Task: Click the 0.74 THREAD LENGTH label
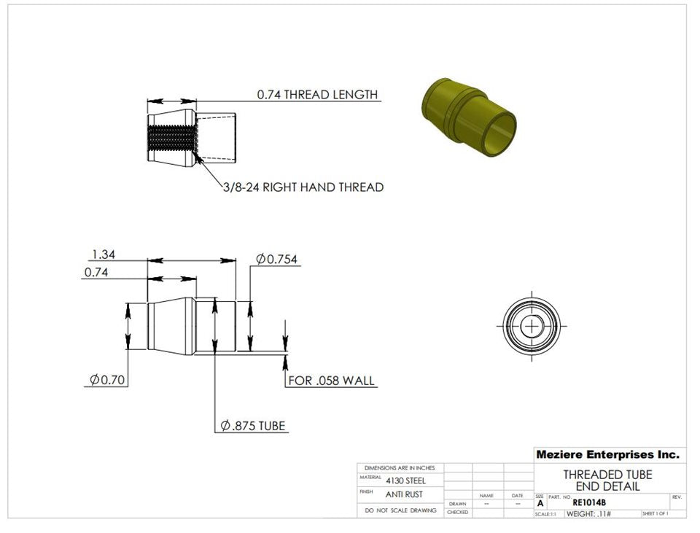click(x=317, y=95)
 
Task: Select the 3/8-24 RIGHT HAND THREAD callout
click(x=303, y=187)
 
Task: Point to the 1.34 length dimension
click(x=104, y=254)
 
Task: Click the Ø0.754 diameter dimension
click(x=276, y=260)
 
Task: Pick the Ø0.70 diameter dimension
click(x=107, y=380)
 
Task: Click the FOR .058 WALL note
click(x=332, y=381)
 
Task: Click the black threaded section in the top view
click(x=172, y=138)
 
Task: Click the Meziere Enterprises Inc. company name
click(x=607, y=454)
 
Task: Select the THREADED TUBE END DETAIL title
click(x=607, y=481)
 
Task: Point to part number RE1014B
click(x=588, y=502)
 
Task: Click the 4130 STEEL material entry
click(x=405, y=481)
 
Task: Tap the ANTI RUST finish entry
click(x=405, y=494)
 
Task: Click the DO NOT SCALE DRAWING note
click(x=400, y=510)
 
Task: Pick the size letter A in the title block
click(x=540, y=503)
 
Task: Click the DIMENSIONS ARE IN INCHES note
click(x=400, y=467)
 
